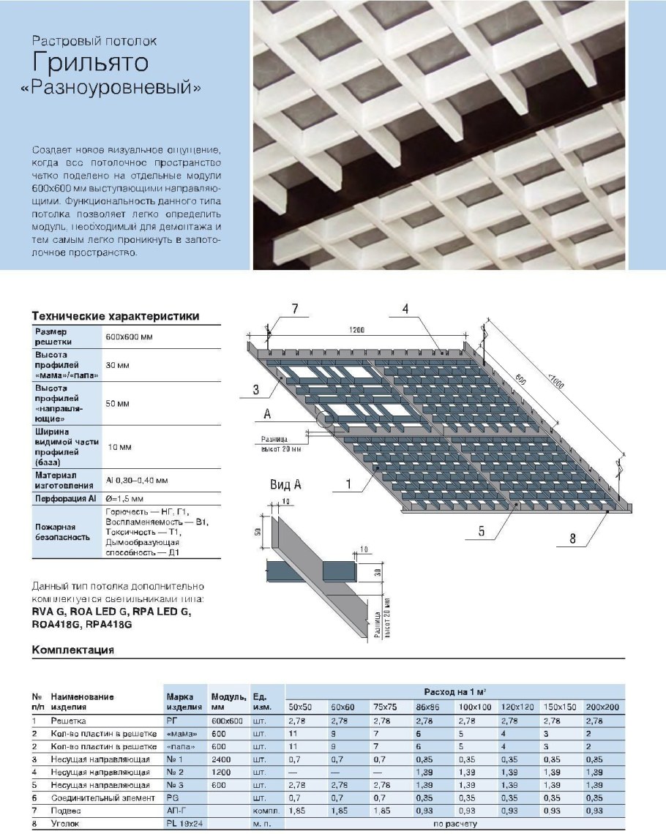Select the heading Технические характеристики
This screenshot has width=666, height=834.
(115, 315)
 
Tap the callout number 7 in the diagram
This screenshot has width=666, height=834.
(294, 309)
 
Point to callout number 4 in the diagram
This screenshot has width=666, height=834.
(405, 309)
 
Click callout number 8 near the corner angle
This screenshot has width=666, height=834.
(573, 541)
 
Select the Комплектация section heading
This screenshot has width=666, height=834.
(72, 649)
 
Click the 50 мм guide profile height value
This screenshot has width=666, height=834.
(118, 403)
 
